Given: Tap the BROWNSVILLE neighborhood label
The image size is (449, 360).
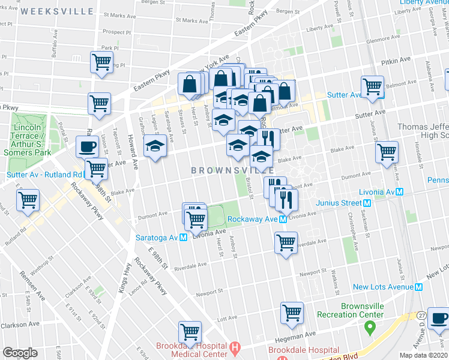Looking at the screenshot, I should pos(228,171).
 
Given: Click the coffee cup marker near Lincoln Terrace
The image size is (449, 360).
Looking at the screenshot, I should pos(88,147).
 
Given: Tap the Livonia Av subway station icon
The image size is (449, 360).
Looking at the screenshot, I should pos(397,192).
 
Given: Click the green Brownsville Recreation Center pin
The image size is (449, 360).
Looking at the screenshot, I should pos(370,328).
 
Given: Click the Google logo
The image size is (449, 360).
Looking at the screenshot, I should pos(20,353).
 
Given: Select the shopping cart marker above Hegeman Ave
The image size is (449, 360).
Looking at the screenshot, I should pos(292,313).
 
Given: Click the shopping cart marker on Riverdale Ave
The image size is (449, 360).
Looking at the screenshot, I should pos(286,243).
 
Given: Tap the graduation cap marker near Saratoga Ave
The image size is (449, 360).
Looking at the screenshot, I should pos(155,146).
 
